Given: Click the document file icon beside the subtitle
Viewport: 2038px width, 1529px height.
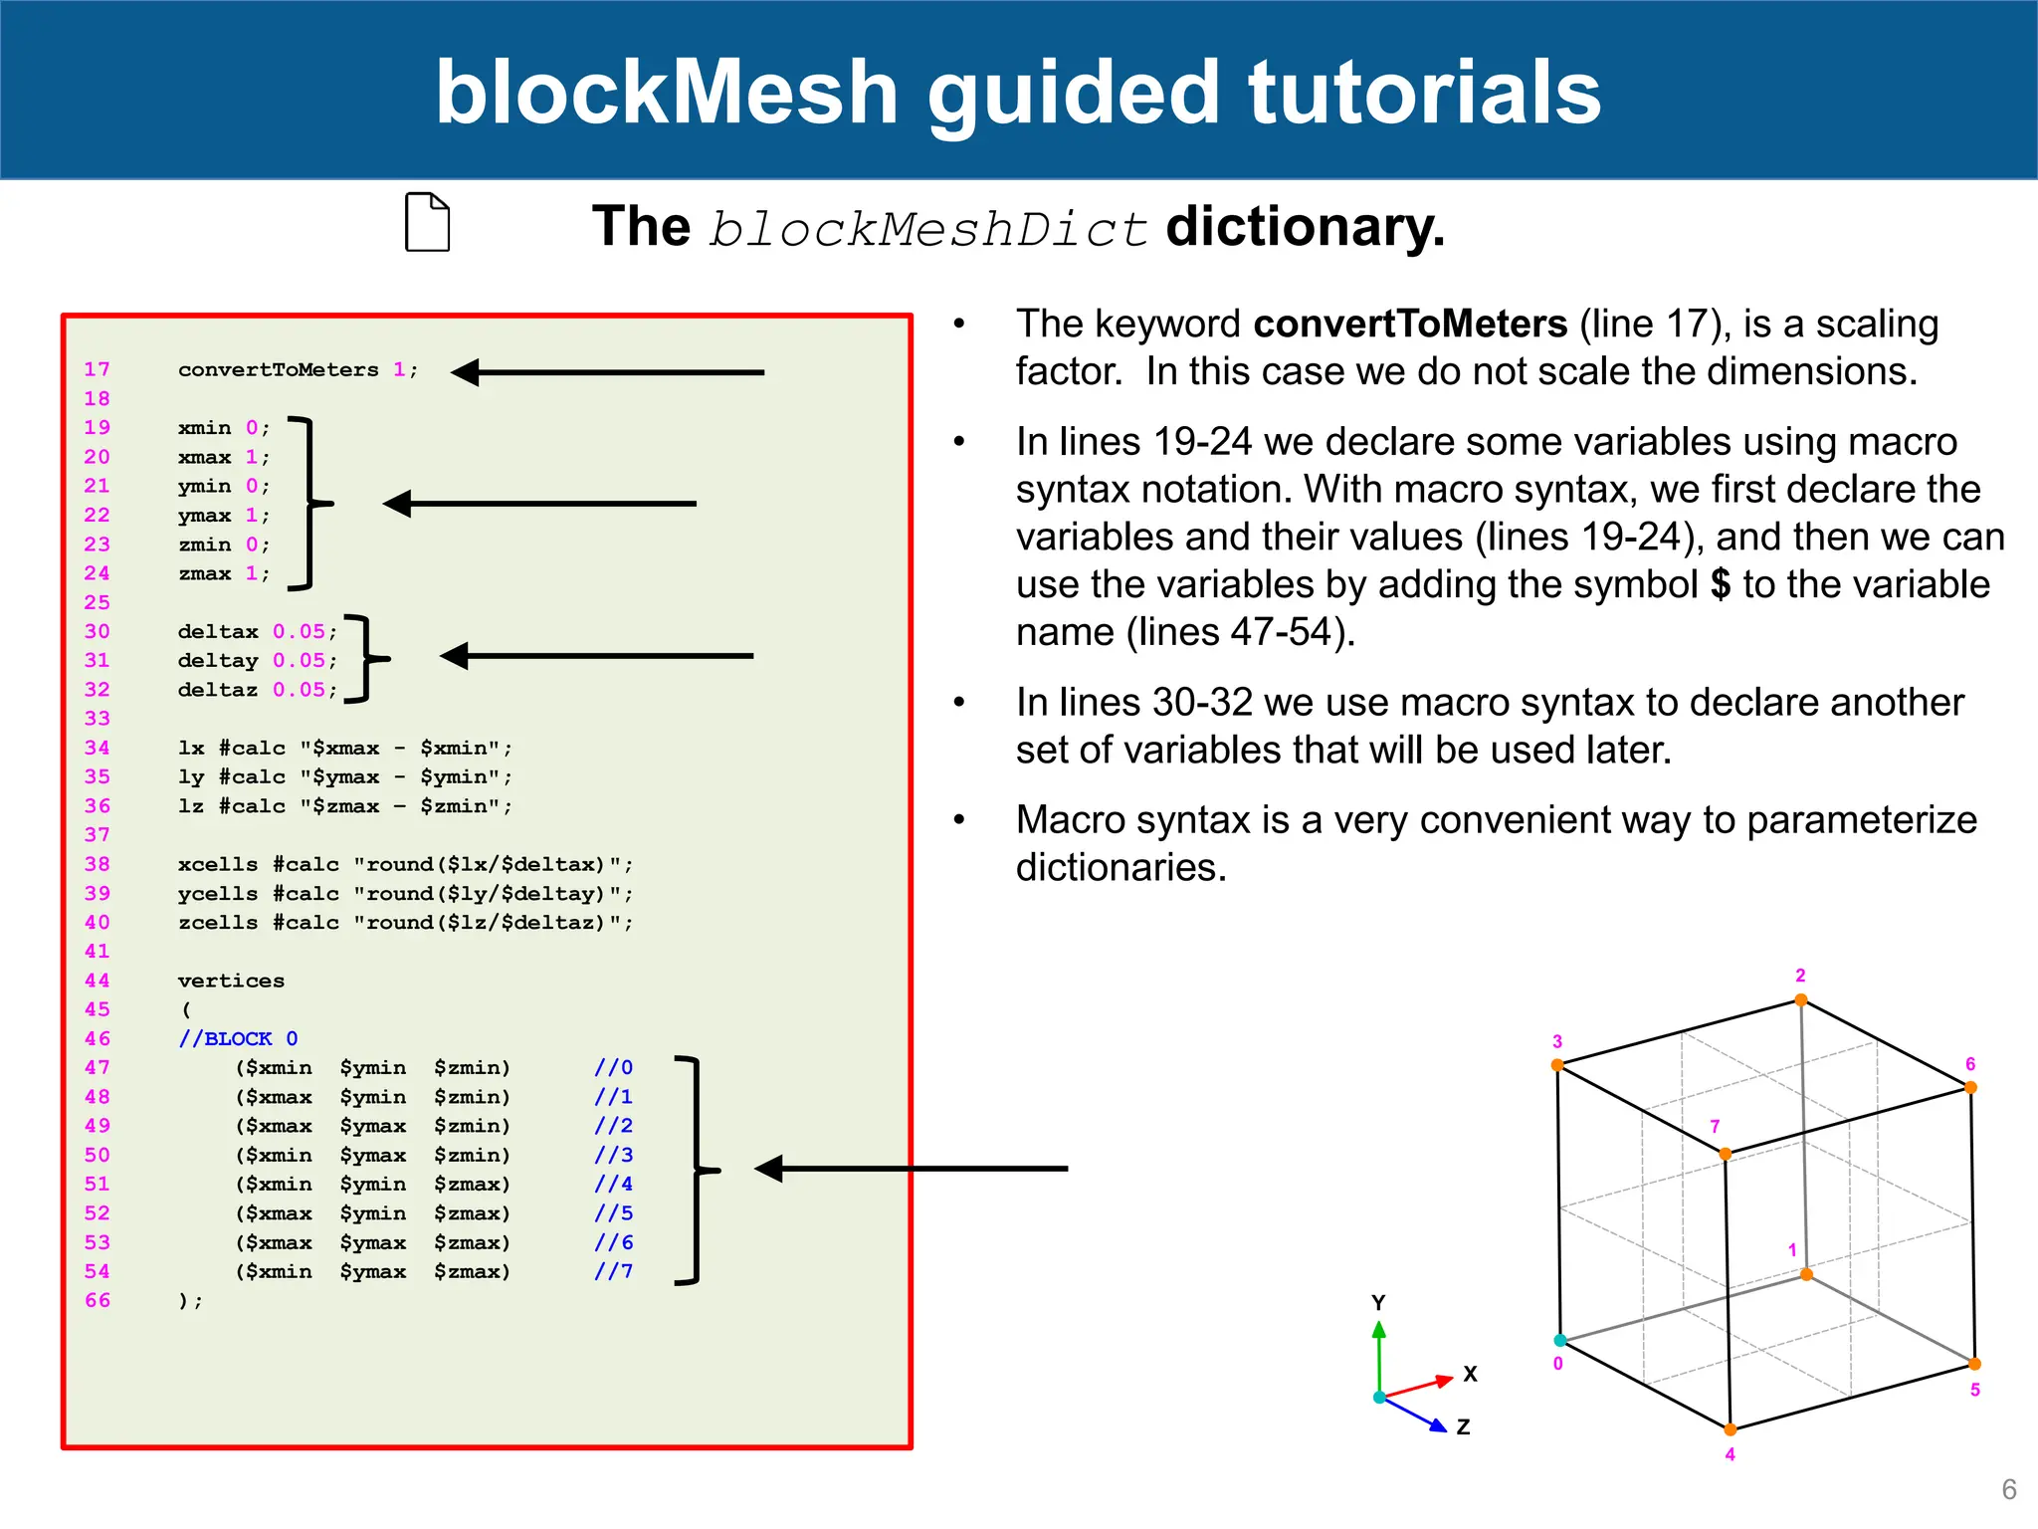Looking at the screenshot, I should pyautogui.click(x=428, y=222).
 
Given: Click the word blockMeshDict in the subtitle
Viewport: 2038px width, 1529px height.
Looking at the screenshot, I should pyautogui.click(x=927, y=229).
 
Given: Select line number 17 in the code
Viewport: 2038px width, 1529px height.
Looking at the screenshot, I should pyautogui.click(x=97, y=369).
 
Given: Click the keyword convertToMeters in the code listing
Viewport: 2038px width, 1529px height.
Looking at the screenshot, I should pyautogui.click(x=279, y=369).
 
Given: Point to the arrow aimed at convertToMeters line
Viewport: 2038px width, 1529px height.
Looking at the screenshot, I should pyautogui.click(x=607, y=372).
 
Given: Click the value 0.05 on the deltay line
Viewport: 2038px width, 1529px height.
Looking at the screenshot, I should pyautogui.click(x=299, y=660).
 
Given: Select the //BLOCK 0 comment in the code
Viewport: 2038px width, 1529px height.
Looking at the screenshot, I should pyautogui.click(x=238, y=1038).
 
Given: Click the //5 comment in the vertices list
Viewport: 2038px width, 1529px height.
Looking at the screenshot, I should pyautogui.click(x=613, y=1213).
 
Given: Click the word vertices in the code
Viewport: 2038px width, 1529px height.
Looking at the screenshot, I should pyautogui.click(x=231, y=981).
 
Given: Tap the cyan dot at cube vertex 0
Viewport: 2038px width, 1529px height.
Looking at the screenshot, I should pyautogui.click(x=1560, y=1340).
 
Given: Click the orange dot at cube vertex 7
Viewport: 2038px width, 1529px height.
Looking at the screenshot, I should pyautogui.click(x=1725, y=1154).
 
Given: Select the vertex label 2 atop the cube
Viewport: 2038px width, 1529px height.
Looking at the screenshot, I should pyautogui.click(x=1800, y=976).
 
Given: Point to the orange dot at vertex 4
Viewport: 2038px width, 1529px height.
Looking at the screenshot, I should pyautogui.click(x=1731, y=1429).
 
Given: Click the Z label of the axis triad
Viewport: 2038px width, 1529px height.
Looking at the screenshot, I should pyautogui.click(x=1463, y=1426).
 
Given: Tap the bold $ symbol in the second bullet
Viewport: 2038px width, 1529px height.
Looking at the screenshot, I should pyautogui.click(x=1721, y=584).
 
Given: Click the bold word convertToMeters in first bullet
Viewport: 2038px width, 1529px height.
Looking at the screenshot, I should pyautogui.click(x=1410, y=325).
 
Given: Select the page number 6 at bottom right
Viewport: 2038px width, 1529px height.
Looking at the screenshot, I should pyautogui.click(x=2008, y=1489).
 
